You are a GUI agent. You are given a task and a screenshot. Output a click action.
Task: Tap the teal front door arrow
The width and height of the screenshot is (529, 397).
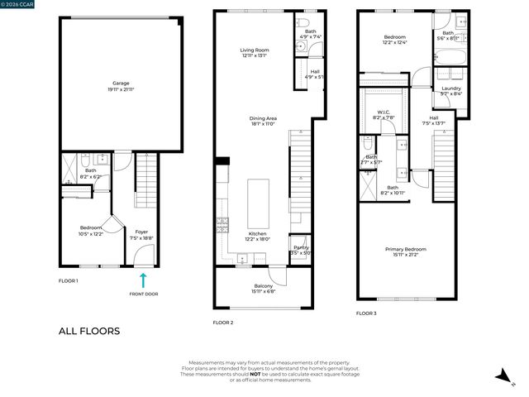pos(143,280)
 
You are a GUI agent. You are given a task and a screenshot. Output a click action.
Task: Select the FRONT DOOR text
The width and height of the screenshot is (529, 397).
pos(143,294)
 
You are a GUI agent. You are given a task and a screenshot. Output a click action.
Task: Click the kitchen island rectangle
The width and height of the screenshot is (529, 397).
pos(259,204)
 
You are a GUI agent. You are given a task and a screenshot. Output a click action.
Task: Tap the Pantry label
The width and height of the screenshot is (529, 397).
pos(301,247)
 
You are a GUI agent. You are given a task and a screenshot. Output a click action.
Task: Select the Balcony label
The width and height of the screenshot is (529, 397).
pos(263,286)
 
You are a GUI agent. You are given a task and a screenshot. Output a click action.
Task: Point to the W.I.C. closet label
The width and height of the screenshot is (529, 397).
pos(384,113)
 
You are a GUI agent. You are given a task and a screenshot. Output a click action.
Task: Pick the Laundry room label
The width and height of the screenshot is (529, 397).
pos(450,88)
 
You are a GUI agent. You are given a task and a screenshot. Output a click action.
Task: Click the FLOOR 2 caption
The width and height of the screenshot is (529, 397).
pos(223,322)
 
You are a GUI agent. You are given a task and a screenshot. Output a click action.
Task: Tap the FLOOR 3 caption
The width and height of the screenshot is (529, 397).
pos(366,313)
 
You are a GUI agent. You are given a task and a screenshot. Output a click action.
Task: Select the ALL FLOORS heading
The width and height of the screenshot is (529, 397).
pos(88,332)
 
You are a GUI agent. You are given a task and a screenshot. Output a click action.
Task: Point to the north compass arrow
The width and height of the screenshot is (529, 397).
pos(501,376)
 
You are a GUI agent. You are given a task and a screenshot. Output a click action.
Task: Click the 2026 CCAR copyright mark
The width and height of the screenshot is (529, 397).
pos(17,4)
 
